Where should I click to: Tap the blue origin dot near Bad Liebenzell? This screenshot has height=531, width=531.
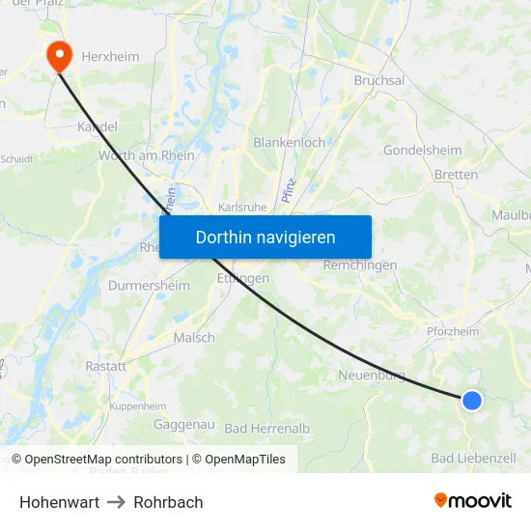[471, 400]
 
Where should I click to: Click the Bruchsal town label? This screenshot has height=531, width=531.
[379, 81]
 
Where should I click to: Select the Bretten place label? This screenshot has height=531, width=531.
[456, 175]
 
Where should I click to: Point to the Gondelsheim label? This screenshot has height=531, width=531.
[423, 151]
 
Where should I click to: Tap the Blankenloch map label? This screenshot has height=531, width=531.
[289, 142]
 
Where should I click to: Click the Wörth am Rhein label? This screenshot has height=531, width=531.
[147, 155]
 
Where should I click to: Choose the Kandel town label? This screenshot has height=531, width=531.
[98, 126]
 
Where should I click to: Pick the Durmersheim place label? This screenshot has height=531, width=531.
[148, 286]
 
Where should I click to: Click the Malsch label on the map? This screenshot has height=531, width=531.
[194, 338]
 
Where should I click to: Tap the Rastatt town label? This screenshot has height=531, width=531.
[106, 367]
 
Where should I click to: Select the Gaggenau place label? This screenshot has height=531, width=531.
[184, 424]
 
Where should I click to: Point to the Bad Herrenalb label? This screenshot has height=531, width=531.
[266, 428]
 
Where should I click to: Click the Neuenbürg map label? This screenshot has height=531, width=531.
[371, 375]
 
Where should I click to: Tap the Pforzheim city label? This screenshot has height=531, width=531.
[453, 331]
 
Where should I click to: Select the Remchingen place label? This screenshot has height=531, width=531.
[360, 265]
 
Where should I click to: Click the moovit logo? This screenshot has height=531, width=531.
[473, 500]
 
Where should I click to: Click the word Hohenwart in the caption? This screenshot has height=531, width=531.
[58, 502]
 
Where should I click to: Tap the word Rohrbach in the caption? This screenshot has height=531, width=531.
[168, 502]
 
